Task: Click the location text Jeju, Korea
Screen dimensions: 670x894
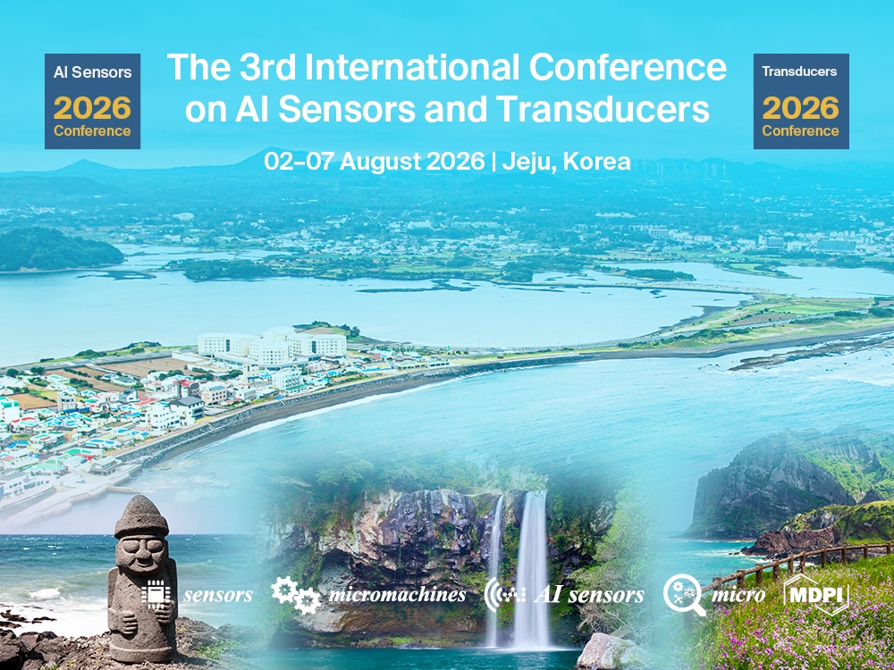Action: [567, 162]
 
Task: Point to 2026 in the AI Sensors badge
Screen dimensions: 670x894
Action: [92, 108]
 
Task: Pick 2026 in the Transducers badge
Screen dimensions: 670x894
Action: [801, 108]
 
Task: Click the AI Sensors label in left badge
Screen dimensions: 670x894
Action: [92, 71]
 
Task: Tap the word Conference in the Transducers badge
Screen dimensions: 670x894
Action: [801, 130]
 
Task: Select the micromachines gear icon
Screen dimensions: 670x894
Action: [295, 593]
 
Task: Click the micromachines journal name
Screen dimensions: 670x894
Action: [397, 595]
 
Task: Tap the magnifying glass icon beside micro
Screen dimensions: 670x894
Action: [684, 594]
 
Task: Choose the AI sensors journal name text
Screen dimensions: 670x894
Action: [587, 595]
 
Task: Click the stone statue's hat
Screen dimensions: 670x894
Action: [141, 517]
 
